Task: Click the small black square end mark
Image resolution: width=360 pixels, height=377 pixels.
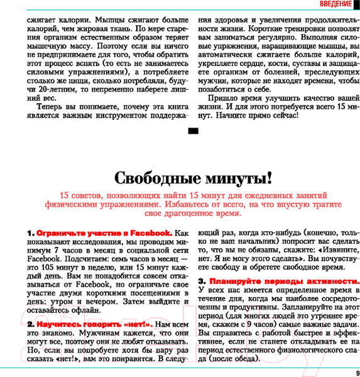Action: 193,131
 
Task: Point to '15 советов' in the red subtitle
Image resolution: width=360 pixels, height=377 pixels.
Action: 80,194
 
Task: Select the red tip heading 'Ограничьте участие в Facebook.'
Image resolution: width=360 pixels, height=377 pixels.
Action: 104,232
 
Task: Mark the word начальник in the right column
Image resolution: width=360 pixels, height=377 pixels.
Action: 252,240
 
